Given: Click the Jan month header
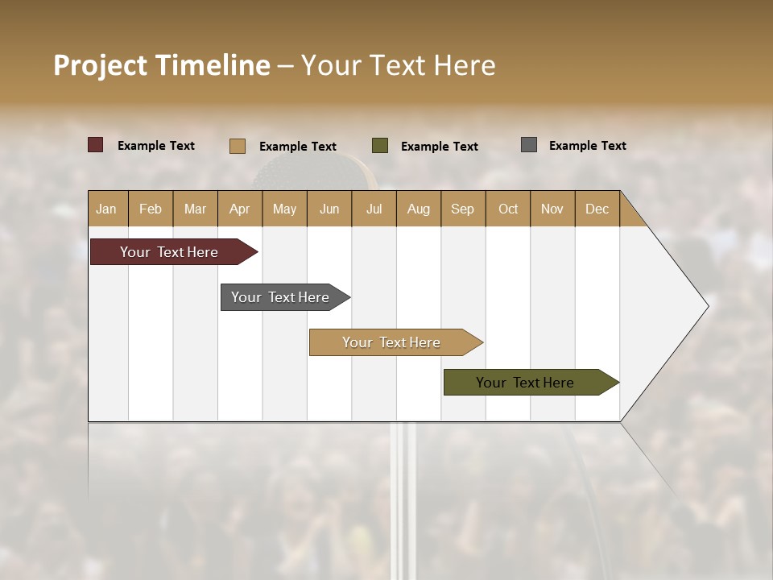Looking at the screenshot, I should click(x=106, y=209).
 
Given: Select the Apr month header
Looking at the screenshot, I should click(x=239, y=209).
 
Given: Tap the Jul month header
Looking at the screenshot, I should click(x=374, y=209).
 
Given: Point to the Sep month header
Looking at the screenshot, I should click(x=462, y=209).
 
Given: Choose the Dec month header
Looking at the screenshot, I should click(x=597, y=209).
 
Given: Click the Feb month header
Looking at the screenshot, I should click(x=151, y=209).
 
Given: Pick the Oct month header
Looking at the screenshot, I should click(x=507, y=209).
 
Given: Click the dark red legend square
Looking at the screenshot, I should click(x=96, y=145).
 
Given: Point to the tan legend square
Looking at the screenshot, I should click(x=238, y=146).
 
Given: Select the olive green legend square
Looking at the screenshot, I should click(x=380, y=145).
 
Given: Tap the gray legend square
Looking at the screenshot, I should click(x=529, y=145).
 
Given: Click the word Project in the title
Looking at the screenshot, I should click(x=99, y=65).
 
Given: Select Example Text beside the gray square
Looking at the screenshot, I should click(x=587, y=146).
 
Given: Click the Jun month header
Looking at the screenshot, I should click(x=329, y=209).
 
